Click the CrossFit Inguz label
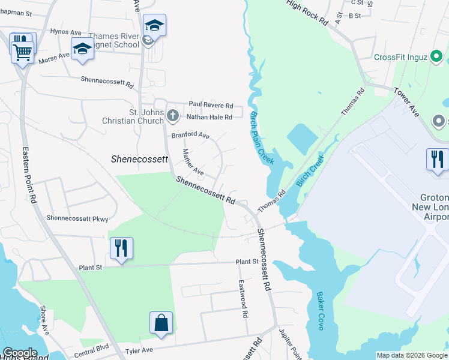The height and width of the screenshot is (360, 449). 400,58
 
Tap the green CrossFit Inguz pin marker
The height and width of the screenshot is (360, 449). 437,58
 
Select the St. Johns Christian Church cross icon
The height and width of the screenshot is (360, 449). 172,114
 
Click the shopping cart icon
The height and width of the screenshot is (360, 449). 22,52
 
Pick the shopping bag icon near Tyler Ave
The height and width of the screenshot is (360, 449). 161,323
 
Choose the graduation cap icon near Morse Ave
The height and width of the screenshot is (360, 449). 82,49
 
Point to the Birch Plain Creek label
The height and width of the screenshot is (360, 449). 262,138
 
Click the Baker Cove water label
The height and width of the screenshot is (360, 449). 319,311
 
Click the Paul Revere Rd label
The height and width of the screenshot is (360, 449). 211,105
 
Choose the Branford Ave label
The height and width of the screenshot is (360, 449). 190,136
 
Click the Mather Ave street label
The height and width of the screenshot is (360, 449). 193,163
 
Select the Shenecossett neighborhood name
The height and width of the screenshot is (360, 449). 138,159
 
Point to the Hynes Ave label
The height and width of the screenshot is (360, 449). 66,31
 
